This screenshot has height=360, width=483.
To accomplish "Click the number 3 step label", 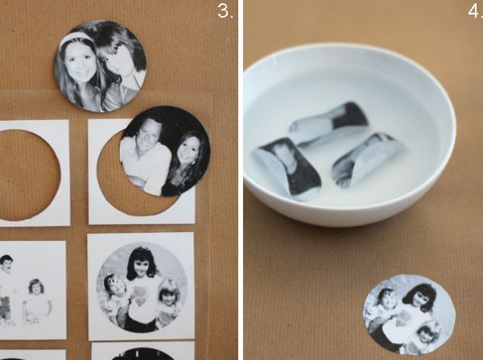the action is tap(225, 11).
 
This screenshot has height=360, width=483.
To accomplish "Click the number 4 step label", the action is tap(475, 11).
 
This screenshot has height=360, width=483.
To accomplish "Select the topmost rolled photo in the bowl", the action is tap(329, 122).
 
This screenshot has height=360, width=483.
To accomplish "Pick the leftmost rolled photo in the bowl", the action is tap(287, 168).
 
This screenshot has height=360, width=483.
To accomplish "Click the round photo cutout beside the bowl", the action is tap(409, 316).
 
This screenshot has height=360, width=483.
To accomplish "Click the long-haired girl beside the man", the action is tap(185, 163).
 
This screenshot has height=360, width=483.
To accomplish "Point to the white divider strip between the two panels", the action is tap(241, 180).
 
